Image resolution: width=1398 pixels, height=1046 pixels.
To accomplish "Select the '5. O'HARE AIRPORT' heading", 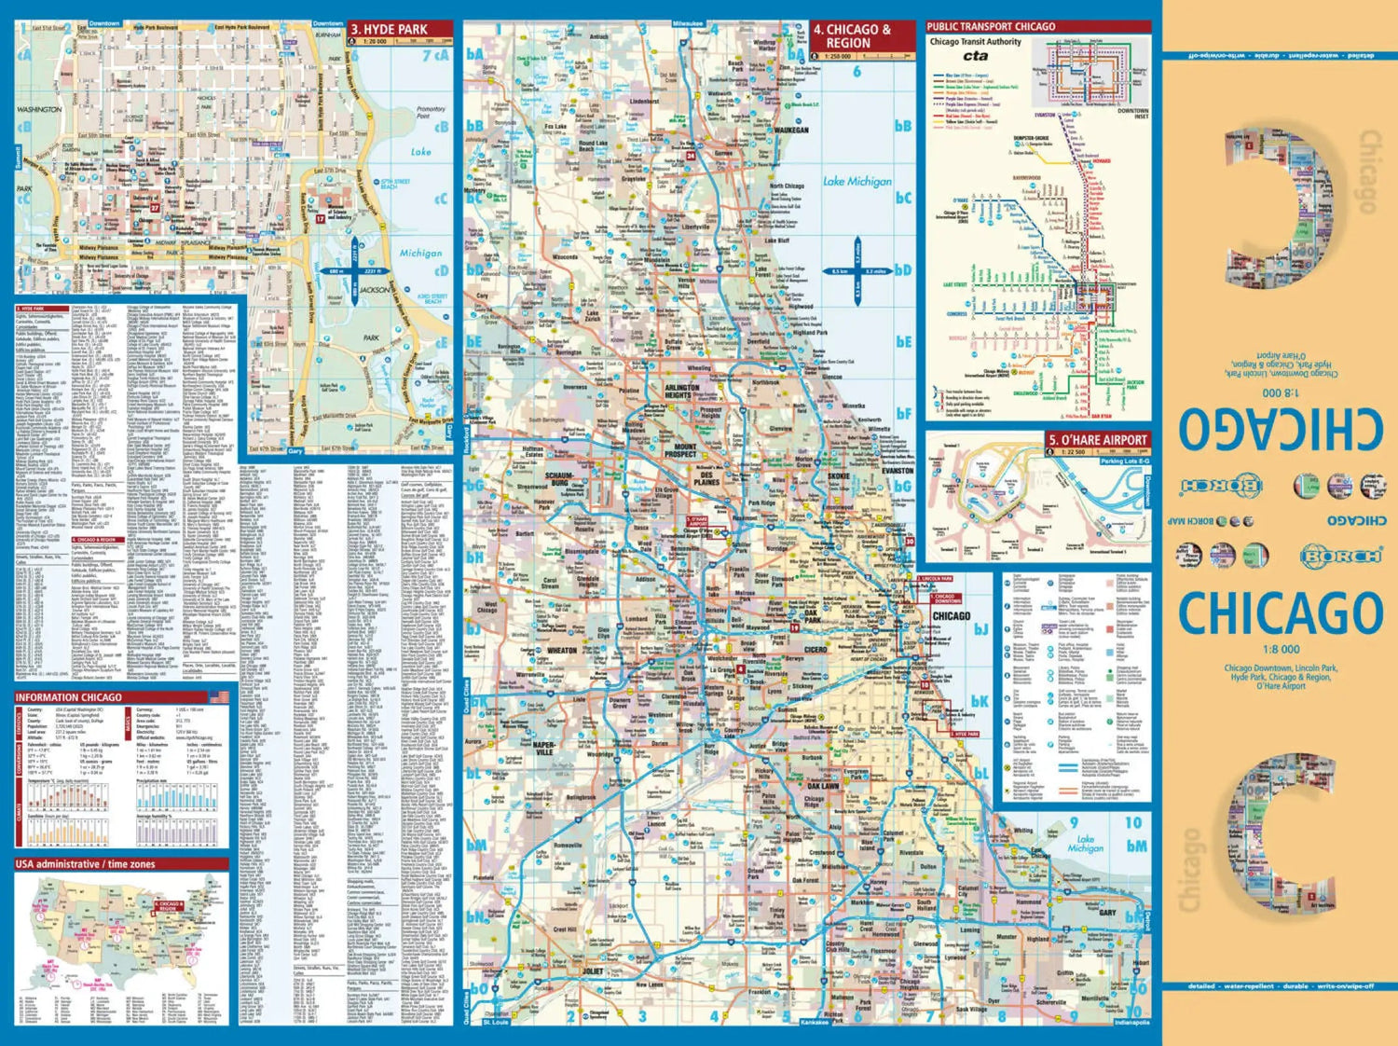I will (1097, 440).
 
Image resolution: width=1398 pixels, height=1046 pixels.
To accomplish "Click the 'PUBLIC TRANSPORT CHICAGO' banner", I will (991, 26).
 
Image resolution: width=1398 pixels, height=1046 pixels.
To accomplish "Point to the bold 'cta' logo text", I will (975, 56).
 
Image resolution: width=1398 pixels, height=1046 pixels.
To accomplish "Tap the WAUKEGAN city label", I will (791, 131).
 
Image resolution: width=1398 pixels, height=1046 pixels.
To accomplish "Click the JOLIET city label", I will (593, 970).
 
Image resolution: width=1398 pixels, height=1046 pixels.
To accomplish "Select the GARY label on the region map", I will (1107, 913).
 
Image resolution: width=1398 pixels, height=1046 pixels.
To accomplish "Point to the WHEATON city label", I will (561, 651).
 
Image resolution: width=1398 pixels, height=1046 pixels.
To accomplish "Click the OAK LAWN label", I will (823, 786).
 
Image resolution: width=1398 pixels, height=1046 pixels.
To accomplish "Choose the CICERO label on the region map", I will (815, 649).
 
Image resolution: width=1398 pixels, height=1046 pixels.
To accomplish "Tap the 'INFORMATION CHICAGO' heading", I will (69, 697).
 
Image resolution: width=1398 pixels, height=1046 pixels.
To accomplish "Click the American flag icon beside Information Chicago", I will (219, 696).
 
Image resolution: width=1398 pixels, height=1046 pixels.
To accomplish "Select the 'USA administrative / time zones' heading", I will (84, 864).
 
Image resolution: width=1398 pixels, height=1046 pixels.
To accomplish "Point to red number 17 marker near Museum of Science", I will (320, 219).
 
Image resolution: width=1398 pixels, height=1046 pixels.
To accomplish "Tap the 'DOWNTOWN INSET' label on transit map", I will (1132, 113).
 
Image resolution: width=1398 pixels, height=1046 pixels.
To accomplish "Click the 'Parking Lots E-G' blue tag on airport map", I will (1124, 461).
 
